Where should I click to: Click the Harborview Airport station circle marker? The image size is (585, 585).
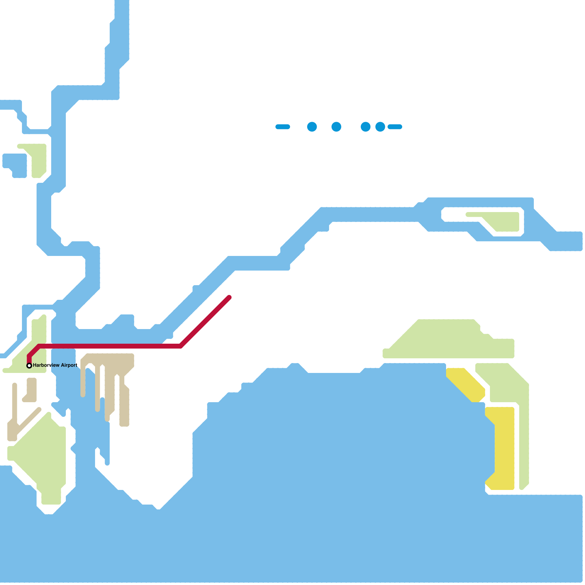click(29, 366)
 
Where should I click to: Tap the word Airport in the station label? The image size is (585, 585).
click(69, 365)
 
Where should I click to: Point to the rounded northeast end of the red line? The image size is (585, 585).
click(229, 297)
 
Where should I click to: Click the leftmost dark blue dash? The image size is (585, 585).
click(283, 127)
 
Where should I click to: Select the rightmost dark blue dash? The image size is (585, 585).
click(395, 127)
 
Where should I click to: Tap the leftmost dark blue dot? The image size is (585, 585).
click(312, 127)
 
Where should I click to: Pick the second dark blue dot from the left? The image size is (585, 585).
click(336, 127)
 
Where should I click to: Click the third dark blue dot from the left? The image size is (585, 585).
click(366, 127)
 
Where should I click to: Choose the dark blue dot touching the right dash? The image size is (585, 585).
click(380, 127)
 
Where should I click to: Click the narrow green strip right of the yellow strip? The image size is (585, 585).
click(524, 439)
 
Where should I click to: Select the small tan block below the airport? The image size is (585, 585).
click(31, 389)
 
